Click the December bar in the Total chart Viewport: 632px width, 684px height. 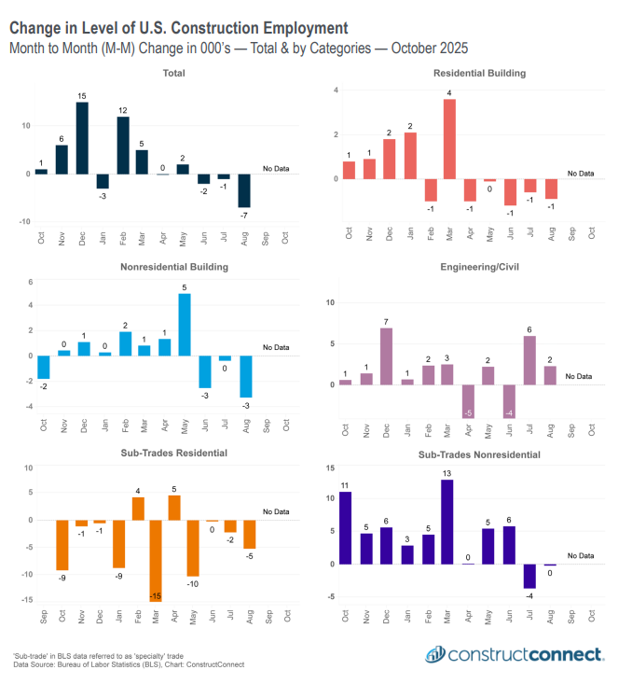pyautogui.click(x=82, y=137)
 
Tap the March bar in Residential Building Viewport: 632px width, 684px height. pyautogui.click(x=449, y=138)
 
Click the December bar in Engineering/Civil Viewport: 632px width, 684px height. pyautogui.click(x=387, y=356)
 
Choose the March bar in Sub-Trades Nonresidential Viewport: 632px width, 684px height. pyautogui.click(x=447, y=521)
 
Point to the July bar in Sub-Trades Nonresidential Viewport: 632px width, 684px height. pyautogui.click(x=529, y=575)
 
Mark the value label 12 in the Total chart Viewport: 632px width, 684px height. pyautogui.click(x=122, y=110)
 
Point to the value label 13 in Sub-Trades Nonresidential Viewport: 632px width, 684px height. pyautogui.click(x=447, y=473)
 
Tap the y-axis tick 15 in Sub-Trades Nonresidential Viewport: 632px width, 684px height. pyautogui.click(x=330, y=466)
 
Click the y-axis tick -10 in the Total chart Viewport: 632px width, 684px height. pyautogui.click(x=26, y=221)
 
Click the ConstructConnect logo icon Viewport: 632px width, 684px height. pyautogui.click(x=435, y=654)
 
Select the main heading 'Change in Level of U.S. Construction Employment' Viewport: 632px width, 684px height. pyautogui.click(x=179, y=28)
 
